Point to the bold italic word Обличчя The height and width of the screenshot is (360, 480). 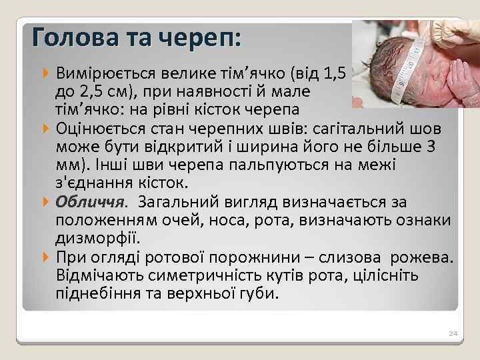point(89,202)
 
